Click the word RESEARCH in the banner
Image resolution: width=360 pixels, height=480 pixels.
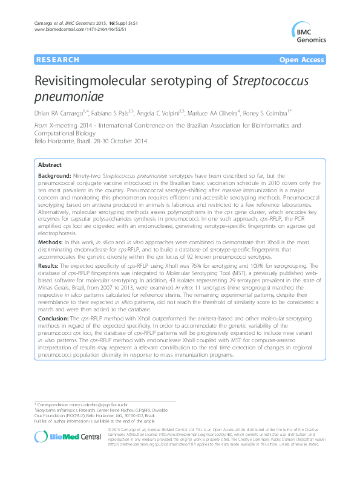(x=58, y=60)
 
